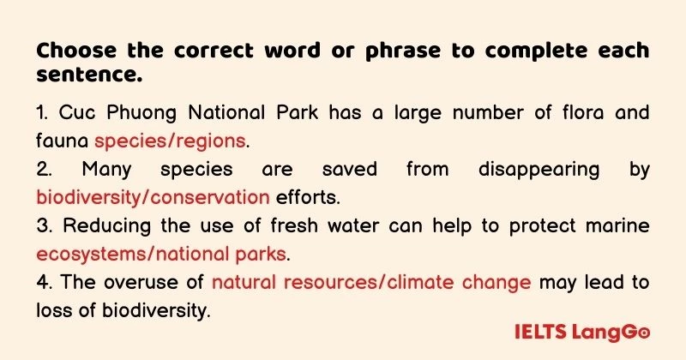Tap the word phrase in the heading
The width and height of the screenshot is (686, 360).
392,51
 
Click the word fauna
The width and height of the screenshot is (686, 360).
63,140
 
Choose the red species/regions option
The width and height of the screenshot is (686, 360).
171,140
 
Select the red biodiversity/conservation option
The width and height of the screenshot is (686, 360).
153,197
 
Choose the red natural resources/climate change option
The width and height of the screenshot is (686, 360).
371,282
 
